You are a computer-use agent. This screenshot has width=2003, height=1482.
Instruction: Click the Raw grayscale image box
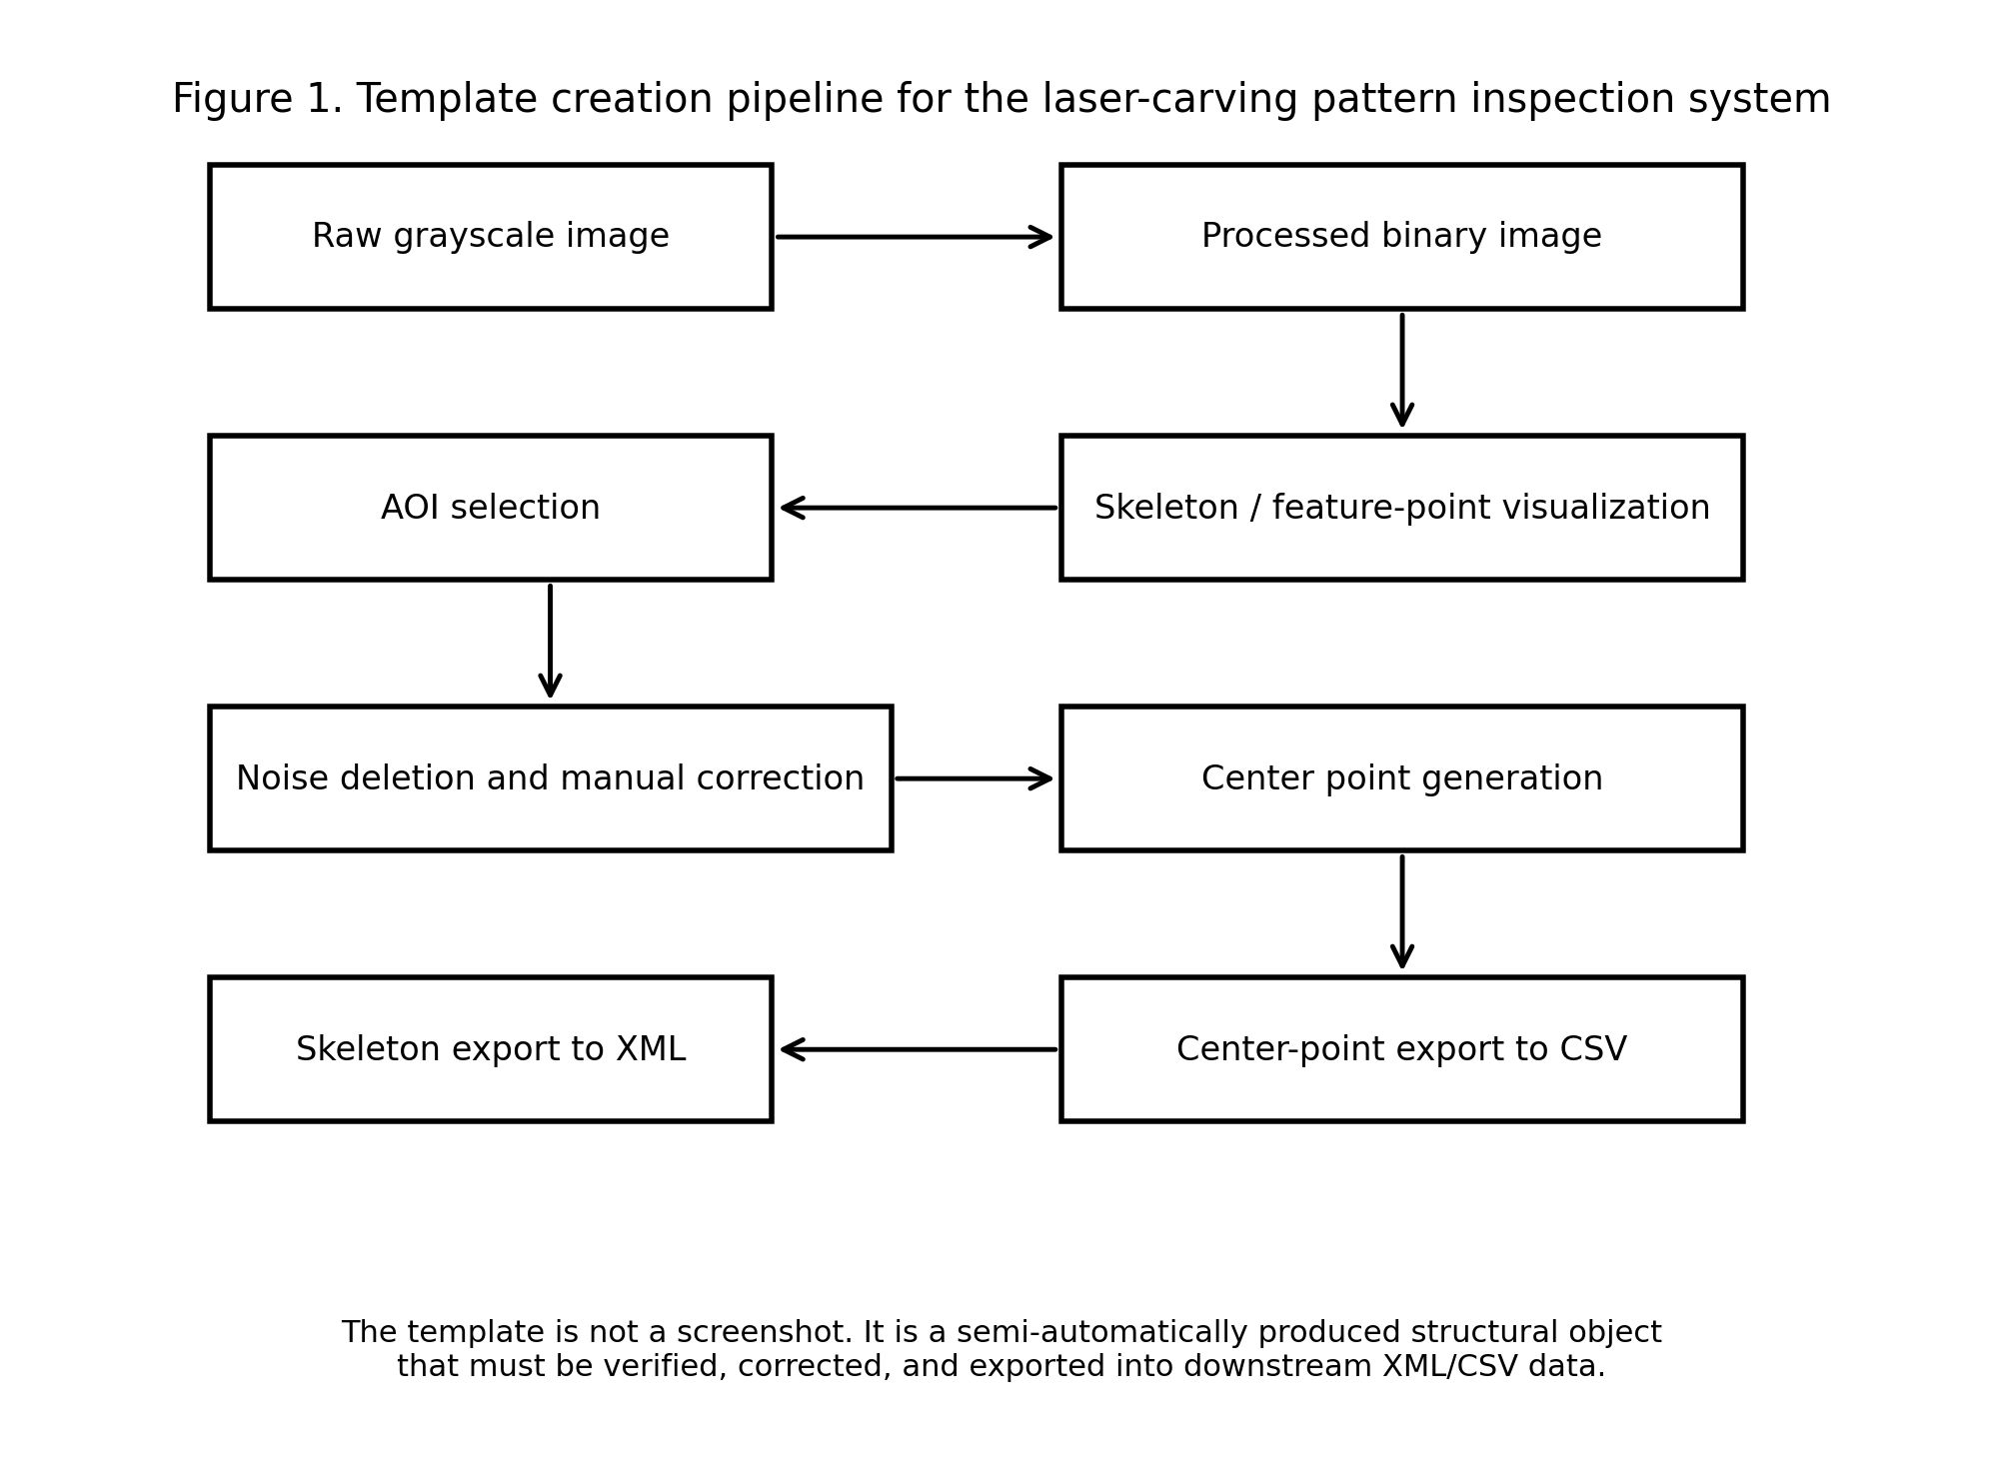[x=490, y=237]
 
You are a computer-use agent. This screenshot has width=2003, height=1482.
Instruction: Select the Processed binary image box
[x=1401, y=237]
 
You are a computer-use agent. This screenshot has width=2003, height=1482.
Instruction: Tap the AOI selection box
[x=490, y=508]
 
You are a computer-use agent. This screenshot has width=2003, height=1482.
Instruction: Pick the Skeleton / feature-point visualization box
[x=1401, y=508]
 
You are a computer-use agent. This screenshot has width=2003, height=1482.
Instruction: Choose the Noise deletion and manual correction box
[x=550, y=778]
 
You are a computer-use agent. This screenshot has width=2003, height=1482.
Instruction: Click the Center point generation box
[x=1401, y=778]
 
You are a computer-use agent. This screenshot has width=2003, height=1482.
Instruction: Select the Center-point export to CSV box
[x=1401, y=1049]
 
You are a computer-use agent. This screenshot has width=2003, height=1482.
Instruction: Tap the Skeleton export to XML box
[x=490, y=1049]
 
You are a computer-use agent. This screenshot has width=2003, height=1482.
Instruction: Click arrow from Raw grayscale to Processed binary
[x=915, y=237]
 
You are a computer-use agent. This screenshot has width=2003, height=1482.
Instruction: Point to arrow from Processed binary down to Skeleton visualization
[x=1401, y=370]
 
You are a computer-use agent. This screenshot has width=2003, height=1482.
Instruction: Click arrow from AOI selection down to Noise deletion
[x=550, y=641]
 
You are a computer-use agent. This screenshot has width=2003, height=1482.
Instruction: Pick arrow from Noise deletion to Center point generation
[x=975, y=778]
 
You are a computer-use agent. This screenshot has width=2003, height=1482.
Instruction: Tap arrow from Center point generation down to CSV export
[x=1401, y=911]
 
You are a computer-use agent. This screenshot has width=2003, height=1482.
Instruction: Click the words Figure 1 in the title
[x=257, y=100]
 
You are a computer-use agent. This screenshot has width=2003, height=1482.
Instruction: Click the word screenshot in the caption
[x=764, y=1332]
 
